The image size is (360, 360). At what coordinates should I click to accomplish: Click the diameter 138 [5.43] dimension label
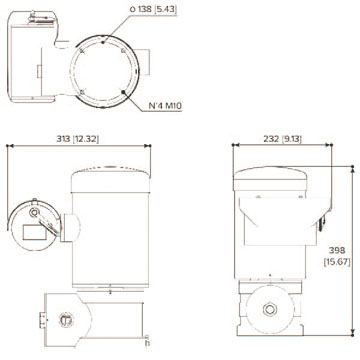pos(153,10)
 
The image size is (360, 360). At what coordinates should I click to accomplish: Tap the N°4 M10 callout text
pos(165,106)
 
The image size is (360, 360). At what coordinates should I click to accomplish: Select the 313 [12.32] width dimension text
pos(78,139)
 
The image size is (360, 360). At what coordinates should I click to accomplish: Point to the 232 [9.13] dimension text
pos(282,139)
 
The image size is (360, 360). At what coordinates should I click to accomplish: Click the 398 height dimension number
pos(337,250)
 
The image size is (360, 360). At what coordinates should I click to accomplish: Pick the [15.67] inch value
pos(337,262)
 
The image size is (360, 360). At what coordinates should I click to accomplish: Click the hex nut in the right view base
pos(270,309)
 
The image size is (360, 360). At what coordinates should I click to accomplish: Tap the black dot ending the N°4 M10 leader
pos(124,91)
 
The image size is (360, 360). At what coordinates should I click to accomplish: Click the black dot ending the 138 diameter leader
pos(103,42)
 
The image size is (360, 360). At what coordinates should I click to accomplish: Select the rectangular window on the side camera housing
pos(33,232)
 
